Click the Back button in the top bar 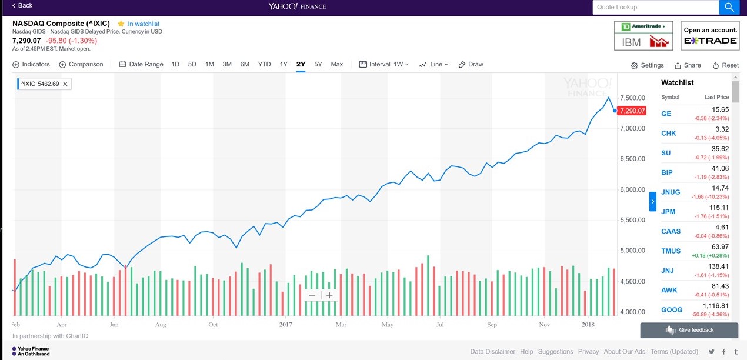click(22, 5)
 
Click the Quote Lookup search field click(655, 7)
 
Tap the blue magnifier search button click(729, 7)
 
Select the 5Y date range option click(318, 64)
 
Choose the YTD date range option click(264, 64)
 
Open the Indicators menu click(31, 64)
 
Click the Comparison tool click(81, 64)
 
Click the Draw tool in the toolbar click(471, 64)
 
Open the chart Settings click(647, 65)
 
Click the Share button click(688, 65)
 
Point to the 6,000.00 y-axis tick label click(633, 189)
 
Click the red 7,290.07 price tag click(632, 111)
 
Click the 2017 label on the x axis click(286, 325)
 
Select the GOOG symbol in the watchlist click(672, 309)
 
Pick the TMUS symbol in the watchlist click(671, 251)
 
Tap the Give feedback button click(689, 330)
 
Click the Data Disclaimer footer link click(492, 351)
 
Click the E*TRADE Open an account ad click(711, 35)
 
